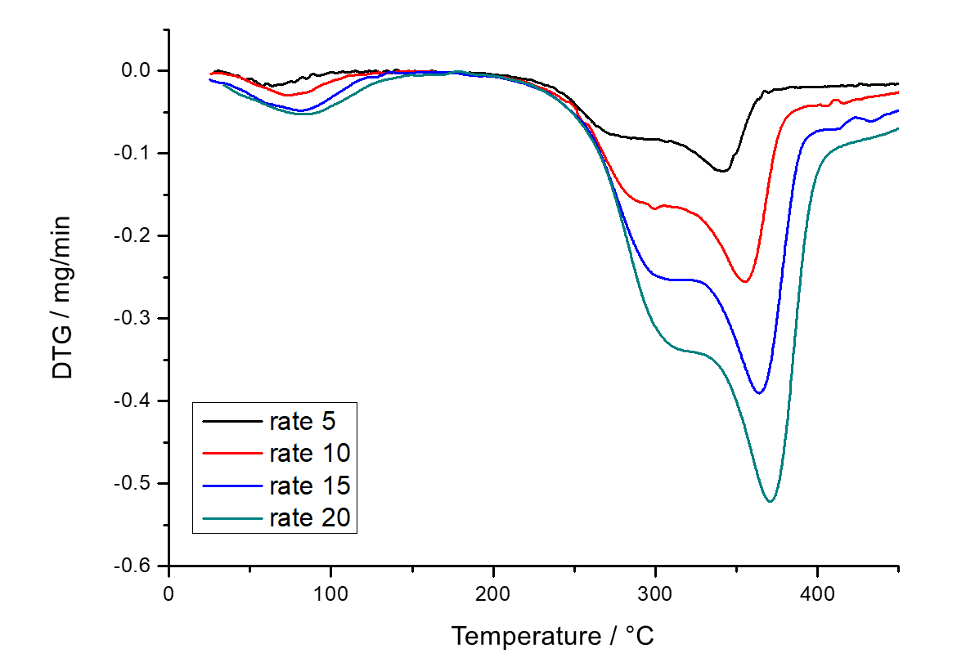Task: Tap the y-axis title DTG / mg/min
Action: (62, 298)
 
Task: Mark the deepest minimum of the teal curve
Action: (771, 501)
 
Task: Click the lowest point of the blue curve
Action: (760, 393)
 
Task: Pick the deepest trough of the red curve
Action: (745, 282)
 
